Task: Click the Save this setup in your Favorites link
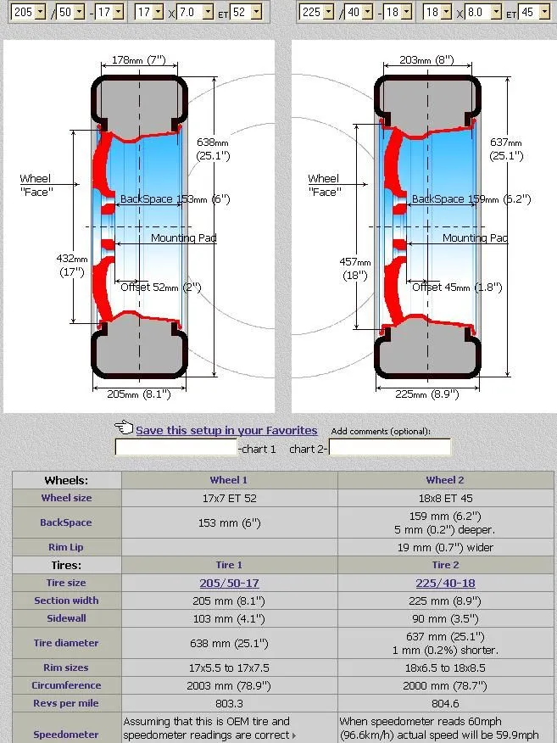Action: (226, 430)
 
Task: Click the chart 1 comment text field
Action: (175, 448)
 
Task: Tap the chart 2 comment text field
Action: (390, 448)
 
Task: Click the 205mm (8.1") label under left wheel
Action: (132, 394)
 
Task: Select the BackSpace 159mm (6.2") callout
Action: (471, 199)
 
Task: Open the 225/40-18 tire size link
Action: (445, 583)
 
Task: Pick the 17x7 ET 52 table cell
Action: (229, 498)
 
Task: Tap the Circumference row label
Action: (66, 685)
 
